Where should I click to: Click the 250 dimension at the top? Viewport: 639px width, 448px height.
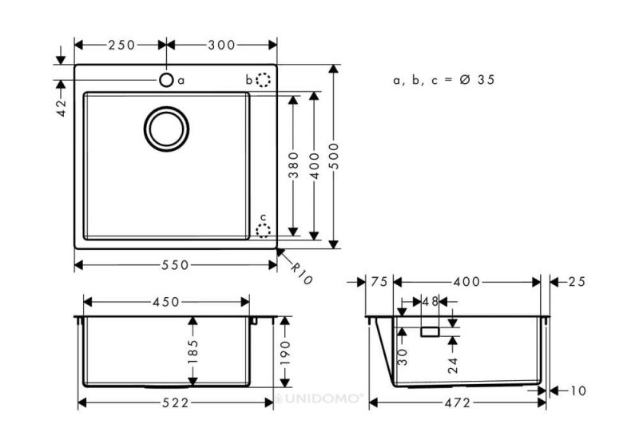click(x=121, y=45)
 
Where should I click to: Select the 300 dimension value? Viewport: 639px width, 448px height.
click(x=222, y=45)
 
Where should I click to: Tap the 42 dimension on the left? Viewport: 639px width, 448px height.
click(x=62, y=108)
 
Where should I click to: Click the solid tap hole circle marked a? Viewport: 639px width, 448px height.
click(x=166, y=80)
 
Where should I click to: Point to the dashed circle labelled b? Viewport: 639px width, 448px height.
click(x=264, y=80)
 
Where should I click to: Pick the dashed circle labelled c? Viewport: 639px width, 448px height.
click(x=264, y=231)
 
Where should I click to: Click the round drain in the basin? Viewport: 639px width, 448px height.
click(x=166, y=129)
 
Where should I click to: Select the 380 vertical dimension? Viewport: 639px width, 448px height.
click(x=293, y=165)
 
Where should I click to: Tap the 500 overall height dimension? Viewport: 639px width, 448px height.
click(x=334, y=156)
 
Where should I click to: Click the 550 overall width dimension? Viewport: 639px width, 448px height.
click(x=175, y=266)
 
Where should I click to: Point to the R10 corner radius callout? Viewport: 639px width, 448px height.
click(x=302, y=273)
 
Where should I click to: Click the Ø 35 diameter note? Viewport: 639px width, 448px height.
click(x=477, y=80)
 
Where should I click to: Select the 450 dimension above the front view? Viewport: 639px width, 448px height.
click(x=166, y=302)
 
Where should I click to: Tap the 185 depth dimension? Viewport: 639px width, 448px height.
click(x=192, y=351)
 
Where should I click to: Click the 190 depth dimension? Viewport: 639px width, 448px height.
click(x=285, y=353)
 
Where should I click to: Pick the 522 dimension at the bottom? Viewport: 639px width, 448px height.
click(x=176, y=402)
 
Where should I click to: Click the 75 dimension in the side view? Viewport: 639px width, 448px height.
click(x=379, y=281)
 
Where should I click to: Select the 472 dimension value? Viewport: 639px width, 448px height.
click(x=457, y=402)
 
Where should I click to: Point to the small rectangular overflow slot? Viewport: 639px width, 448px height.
click(x=430, y=332)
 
